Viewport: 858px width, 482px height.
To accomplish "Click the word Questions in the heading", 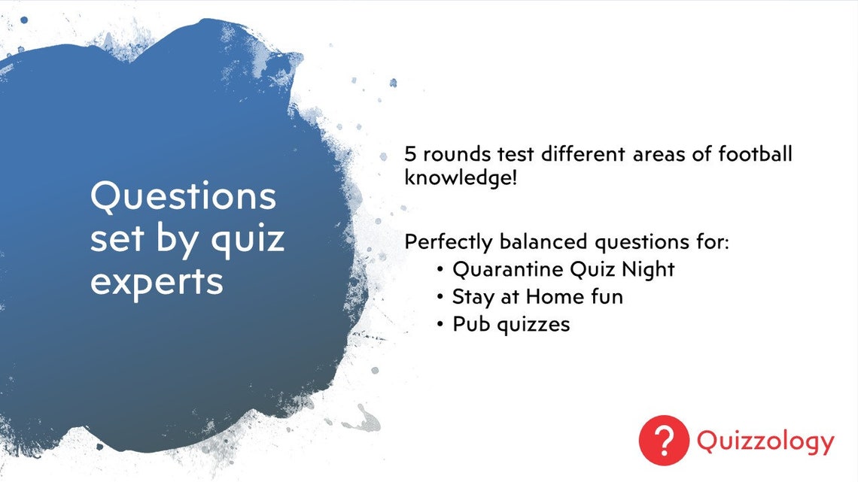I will [183, 196].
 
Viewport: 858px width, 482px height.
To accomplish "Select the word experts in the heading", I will [157, 281].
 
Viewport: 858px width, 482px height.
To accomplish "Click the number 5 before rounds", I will [410, 155].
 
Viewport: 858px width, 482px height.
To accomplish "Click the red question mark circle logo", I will [664, 441].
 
